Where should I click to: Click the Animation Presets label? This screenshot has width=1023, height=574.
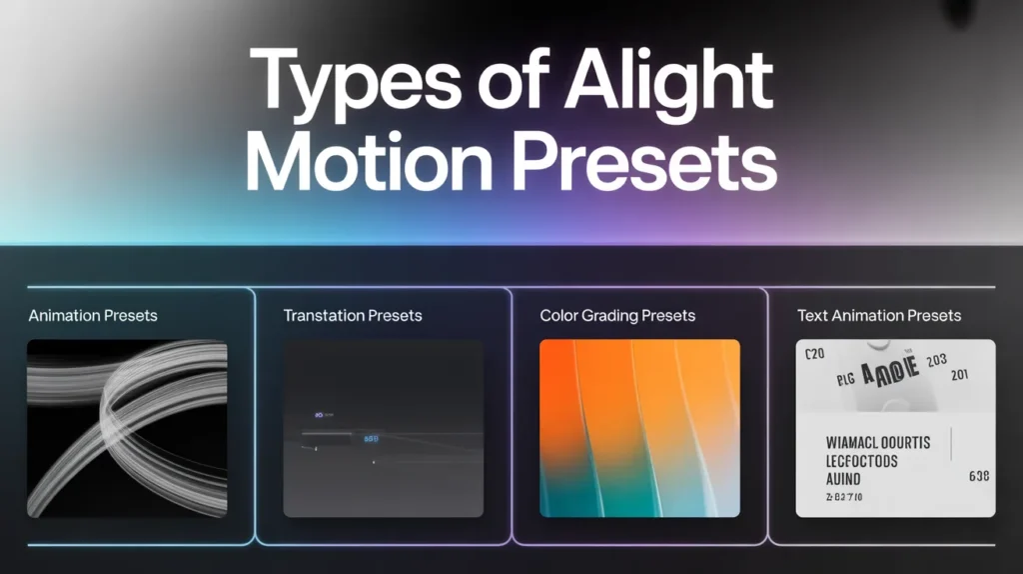[x=93, y=316]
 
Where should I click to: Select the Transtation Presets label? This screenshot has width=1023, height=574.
[x=353, y=316]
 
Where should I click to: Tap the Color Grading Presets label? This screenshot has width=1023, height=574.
[x=617, y=316]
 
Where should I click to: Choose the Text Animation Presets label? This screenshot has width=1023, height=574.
[x=879, y=316]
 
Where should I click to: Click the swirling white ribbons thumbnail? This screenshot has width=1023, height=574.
[x=127, y=428]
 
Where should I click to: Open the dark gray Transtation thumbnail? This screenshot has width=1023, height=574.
[x=384, y=428]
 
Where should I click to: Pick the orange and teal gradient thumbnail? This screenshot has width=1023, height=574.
[x=639, y=428]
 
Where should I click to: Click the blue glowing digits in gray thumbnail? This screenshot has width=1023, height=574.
[x=372, y=438]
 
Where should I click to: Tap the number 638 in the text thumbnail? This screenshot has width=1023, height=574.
[x=979, y=477]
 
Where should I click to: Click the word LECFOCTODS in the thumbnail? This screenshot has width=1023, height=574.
[x=862, y=462]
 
